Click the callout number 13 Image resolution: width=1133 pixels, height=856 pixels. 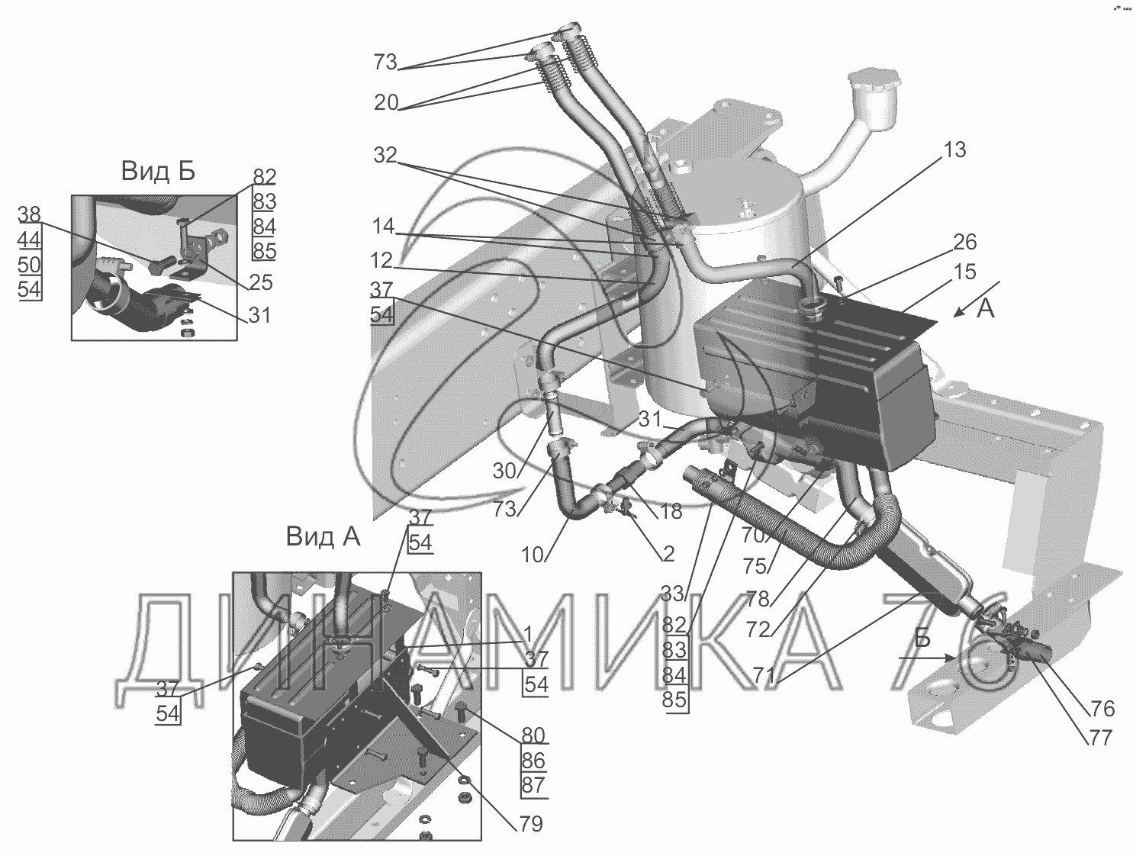954,150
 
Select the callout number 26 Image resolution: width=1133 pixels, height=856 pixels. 964,242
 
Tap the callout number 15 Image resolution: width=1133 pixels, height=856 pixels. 964,272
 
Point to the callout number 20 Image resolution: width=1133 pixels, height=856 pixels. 386,102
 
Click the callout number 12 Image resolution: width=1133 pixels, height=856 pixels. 382,261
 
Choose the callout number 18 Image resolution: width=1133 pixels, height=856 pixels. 671,511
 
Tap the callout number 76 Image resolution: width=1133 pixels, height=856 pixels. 1102,709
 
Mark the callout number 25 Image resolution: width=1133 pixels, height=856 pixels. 261,282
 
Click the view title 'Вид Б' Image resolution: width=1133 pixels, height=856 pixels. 158,172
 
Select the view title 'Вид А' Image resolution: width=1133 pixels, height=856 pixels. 323,537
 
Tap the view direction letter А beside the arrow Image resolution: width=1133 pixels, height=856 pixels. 986,310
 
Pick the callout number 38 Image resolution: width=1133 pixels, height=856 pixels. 30,214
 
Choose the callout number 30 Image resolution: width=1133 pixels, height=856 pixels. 504,471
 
